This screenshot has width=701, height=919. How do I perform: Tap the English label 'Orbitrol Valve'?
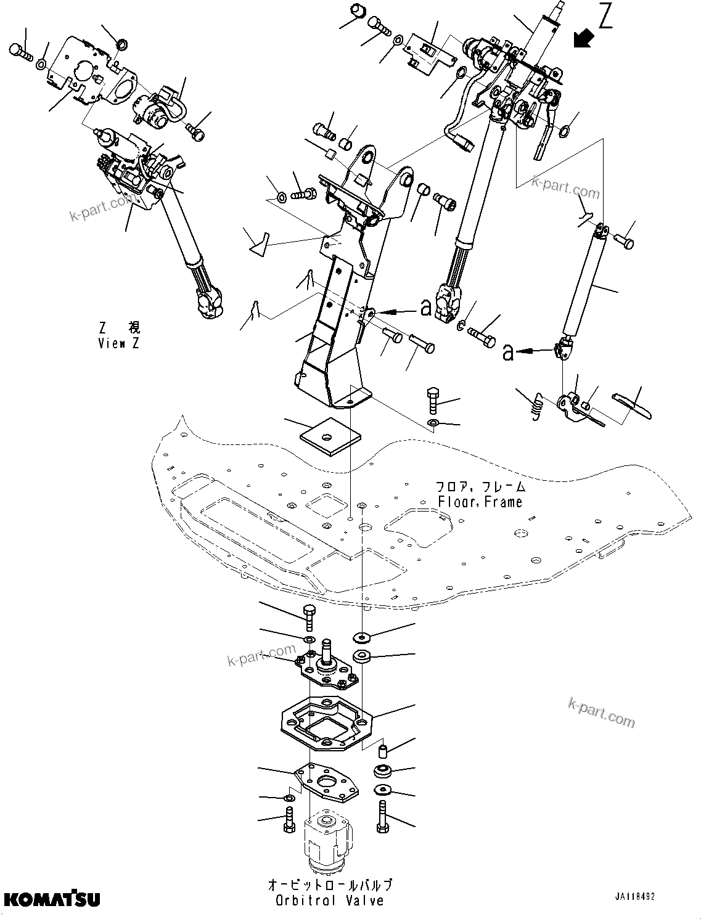[329, 901]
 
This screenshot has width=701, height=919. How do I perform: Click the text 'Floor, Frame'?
[480, 502]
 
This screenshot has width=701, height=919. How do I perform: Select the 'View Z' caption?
[118, 343]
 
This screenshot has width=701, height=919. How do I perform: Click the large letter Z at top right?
[606, 18]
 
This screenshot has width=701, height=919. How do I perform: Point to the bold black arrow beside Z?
[582, 38]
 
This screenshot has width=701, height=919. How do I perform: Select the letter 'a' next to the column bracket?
[426, 308]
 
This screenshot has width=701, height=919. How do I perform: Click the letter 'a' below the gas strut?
[507, 353]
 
